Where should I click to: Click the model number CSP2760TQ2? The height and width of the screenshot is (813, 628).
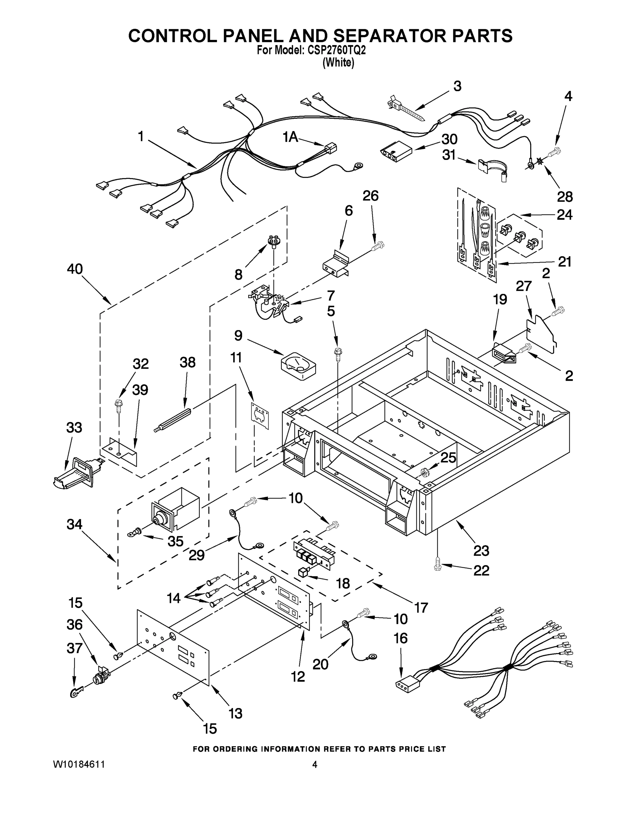[x=337, y=50]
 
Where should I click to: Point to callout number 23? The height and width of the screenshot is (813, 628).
[x=481, y=550]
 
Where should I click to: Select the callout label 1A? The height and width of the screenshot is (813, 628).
[x=290, y=137]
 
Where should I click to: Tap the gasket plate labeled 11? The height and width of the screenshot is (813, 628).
[x=260, y=415]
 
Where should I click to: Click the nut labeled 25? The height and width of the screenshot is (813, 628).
[x=424, y=474]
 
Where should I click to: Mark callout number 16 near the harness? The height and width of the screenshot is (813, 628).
[x=401, y=639]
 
